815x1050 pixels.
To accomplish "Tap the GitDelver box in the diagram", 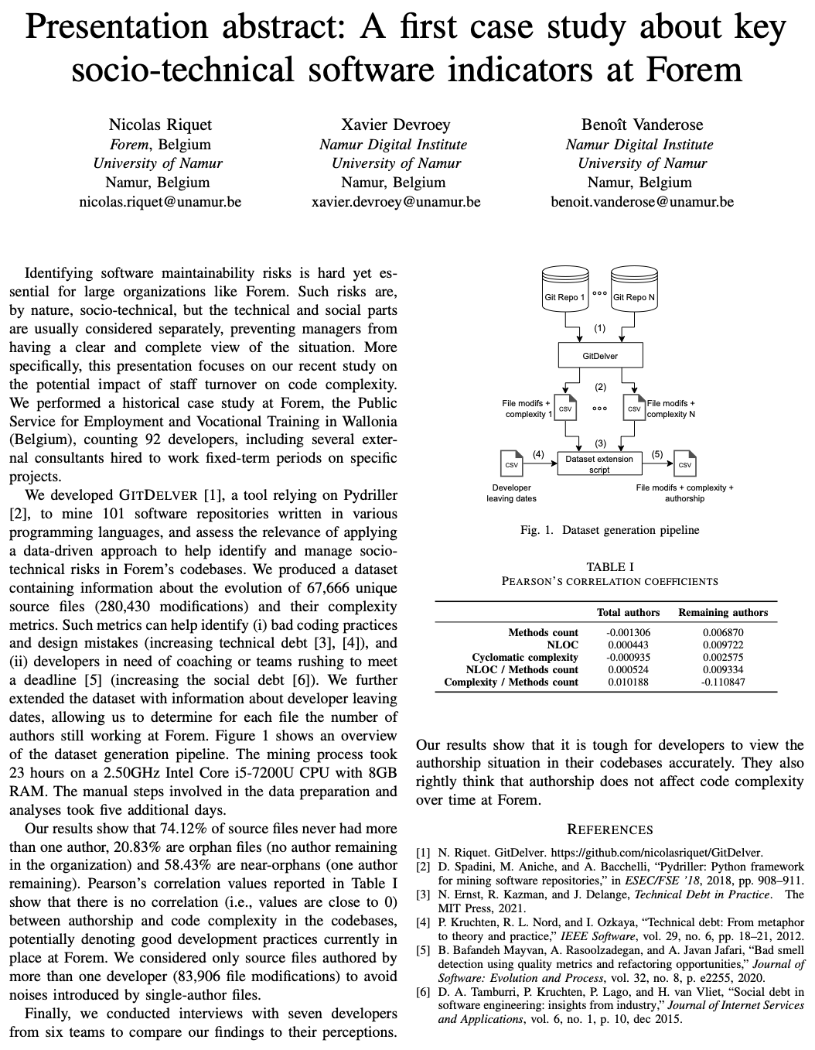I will [599, 356].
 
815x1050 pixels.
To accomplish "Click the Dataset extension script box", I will [599, 463].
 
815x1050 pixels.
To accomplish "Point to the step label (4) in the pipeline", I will [539, 453].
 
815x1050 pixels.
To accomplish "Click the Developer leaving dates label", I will [511, 493].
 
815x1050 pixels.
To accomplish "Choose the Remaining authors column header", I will [723, 612].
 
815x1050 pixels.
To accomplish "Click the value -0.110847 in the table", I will [723, 682].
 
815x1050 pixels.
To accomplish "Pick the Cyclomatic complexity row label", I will [525, 657].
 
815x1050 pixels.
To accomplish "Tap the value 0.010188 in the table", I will [629, 682].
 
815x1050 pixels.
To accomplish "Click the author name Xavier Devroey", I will [395, 125].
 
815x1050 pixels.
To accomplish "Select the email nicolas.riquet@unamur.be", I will [160, 202].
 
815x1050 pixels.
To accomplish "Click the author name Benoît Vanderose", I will [642, 125].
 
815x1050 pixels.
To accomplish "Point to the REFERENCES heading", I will [610, 829].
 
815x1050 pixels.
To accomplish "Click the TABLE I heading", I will [610, 567].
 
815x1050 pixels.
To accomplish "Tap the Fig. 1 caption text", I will [610, 530].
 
